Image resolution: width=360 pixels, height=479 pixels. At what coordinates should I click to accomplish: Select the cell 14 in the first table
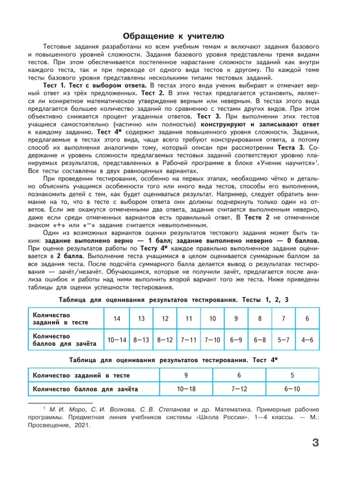coord(117,320)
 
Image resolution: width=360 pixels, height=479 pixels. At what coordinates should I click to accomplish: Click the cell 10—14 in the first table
coord(117,339)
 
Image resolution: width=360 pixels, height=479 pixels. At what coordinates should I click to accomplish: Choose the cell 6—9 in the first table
coord(236,339)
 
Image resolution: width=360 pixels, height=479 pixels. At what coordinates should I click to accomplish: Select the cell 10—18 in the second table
coord(186,389)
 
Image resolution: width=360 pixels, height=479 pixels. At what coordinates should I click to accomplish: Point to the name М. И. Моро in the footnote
coord(70,408)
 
